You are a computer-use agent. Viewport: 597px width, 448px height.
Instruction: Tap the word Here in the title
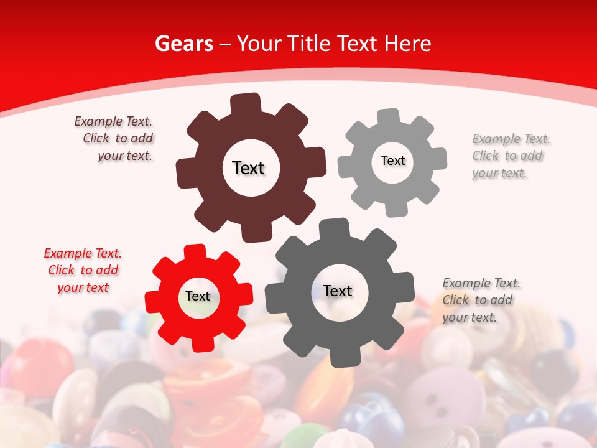(x=407, y=44)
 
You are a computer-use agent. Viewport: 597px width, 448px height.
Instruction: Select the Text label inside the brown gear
(x=248, y=168)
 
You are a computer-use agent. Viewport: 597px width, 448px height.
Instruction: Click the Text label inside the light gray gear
(x=392, y=161)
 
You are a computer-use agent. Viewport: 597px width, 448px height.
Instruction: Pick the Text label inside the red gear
(x=198, y=296)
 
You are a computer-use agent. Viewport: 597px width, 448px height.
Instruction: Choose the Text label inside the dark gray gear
(x=338, y=291)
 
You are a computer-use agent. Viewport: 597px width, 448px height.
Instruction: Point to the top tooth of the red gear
(x=195, y=251)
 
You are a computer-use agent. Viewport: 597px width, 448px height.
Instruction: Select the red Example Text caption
(x=83, y=270)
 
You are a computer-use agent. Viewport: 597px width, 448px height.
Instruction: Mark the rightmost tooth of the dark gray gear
(x=405, y=287)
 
